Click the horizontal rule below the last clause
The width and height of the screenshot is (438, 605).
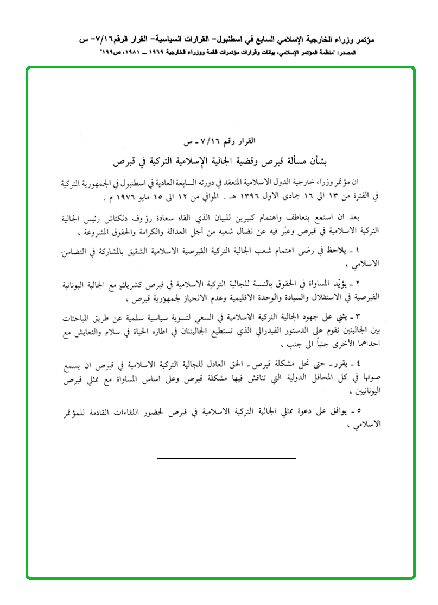pos(226,458)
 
